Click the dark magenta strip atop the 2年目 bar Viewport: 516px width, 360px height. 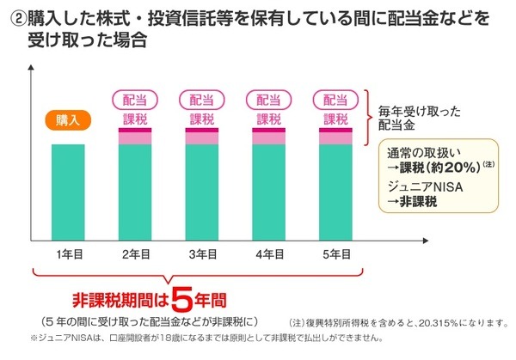(135, 130)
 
